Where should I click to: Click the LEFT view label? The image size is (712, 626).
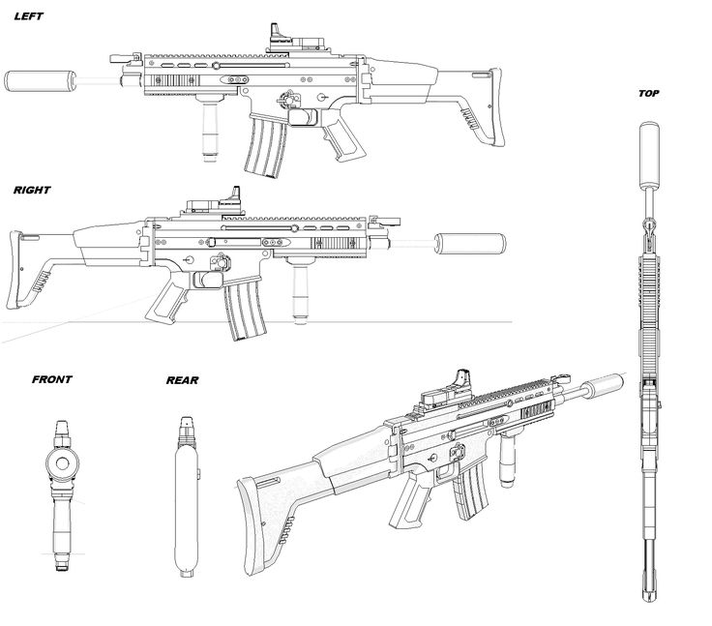(29, 16)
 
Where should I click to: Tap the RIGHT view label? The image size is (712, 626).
(32, 190)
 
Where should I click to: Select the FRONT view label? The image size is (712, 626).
(52, 379)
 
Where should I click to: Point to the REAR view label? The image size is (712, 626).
(182, 380)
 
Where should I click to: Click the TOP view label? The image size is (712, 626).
(648, 94)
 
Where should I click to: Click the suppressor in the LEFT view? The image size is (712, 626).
(41, 81)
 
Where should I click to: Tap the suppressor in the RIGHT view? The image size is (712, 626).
(470, 244)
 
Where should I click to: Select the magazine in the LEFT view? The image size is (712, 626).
(266, 144)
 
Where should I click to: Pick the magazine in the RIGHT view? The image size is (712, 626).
(245, 310)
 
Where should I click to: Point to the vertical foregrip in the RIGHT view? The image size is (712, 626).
(300, 289)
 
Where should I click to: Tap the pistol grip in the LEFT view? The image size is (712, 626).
(341, 138)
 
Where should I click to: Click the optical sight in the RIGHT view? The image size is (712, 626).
(214, 202)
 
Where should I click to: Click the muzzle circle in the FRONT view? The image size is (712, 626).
(63, 463)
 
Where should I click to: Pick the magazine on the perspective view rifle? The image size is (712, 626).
(470, 491)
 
